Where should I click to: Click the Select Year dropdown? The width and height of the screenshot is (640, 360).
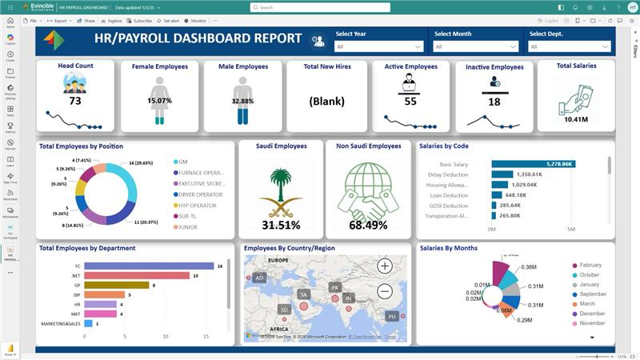(379, 47)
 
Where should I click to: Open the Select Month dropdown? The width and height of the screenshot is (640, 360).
(477, 47)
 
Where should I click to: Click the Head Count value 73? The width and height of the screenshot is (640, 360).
(75, 101)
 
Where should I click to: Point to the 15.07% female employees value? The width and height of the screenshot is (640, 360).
(159, 102)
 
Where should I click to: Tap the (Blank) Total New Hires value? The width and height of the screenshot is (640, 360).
(326, 102)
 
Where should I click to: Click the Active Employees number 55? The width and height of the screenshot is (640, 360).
(410, 102)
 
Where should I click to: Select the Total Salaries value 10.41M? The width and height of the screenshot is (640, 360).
(576, 119)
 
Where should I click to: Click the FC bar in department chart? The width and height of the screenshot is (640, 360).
(149, 266)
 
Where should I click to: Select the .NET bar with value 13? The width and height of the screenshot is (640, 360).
(136, 275)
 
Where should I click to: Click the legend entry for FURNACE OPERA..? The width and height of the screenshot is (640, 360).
(200, 172)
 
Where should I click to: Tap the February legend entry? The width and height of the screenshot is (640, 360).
(590, 265)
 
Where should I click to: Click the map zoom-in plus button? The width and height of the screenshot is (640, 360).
(385, 266)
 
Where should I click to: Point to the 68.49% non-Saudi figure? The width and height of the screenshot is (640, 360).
(368, 225)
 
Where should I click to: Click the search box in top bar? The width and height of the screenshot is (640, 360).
(320, 7)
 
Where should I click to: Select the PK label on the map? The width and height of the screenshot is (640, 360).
(335, 286)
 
